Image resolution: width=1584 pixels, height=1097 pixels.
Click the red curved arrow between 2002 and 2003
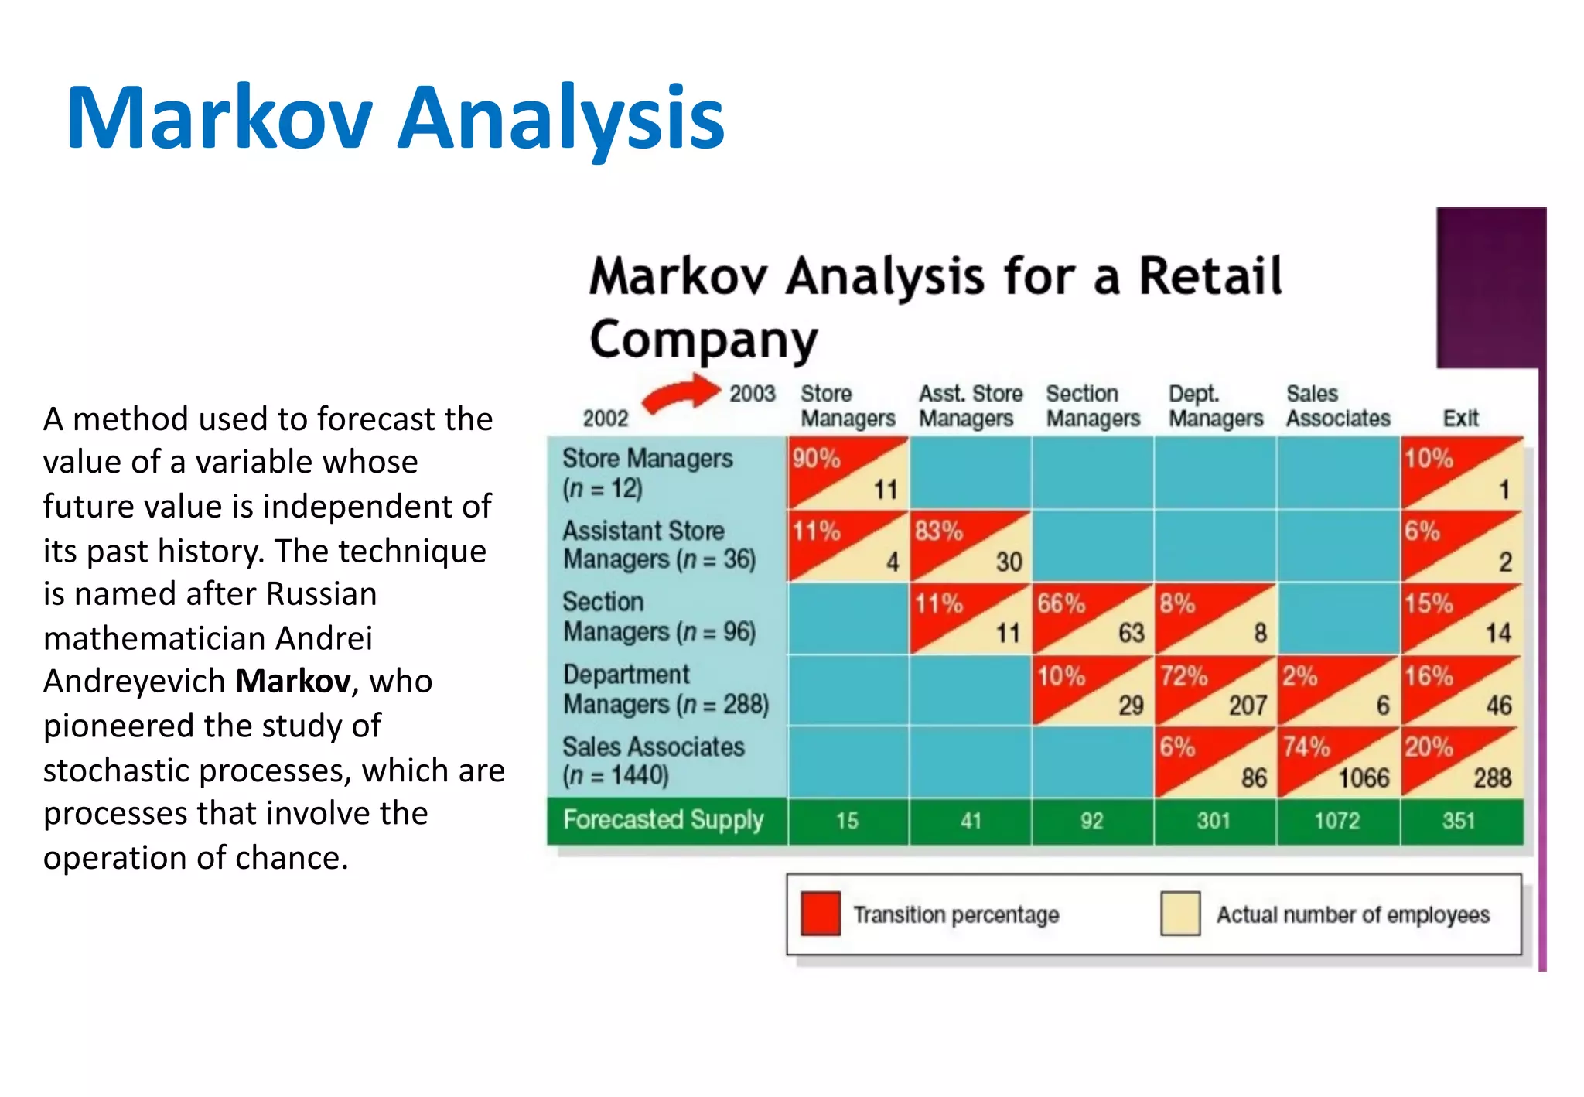tap(681, 394)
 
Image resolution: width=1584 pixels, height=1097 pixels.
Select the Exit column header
tap(1459, 419)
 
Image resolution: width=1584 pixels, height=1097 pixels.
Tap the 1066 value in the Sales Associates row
tap(1364, 777)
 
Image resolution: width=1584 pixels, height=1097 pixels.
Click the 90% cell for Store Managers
tap(816, 459)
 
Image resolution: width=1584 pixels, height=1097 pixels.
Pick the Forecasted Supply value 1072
tap(1336, 821)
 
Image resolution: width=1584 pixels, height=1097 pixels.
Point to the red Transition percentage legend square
tap(820, 914)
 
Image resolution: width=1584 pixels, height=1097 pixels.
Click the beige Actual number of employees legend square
tap(1180, 914)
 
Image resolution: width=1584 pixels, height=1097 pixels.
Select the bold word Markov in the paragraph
tap(293, 682)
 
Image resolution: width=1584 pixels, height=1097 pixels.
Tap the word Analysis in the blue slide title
tap(560, 118)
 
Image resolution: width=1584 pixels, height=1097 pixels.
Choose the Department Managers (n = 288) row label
tap(665, 689)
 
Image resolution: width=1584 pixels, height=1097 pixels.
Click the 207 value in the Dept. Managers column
tap(1248, 706)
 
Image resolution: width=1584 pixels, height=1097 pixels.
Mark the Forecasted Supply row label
tap(663, 820)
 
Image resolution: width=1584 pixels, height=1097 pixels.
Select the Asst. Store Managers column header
tap(970, 406)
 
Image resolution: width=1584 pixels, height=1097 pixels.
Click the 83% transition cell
tap(939, 531)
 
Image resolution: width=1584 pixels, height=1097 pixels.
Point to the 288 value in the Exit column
tap(1491, 777)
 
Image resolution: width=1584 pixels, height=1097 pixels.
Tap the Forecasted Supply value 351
tap(1459, 821)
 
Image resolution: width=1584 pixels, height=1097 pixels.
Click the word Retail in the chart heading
tap(1210, 276)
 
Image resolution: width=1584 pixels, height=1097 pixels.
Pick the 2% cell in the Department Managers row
tap(1299, 677)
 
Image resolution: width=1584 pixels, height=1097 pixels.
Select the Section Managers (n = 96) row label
tap(658, 617)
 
